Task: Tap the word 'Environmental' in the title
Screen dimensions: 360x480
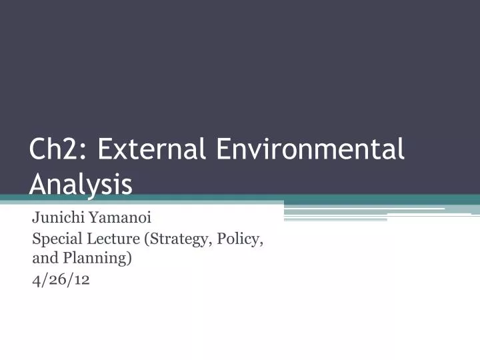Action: click(311, 149)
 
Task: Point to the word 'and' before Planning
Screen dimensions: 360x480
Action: click(43, 258)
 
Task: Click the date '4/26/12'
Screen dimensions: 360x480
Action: click(61, 279)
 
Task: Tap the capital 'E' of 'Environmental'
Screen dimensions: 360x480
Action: click(223, 149)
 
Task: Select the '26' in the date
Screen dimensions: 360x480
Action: click(61, 279)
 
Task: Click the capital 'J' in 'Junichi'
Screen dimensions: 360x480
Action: click(35, 217)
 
